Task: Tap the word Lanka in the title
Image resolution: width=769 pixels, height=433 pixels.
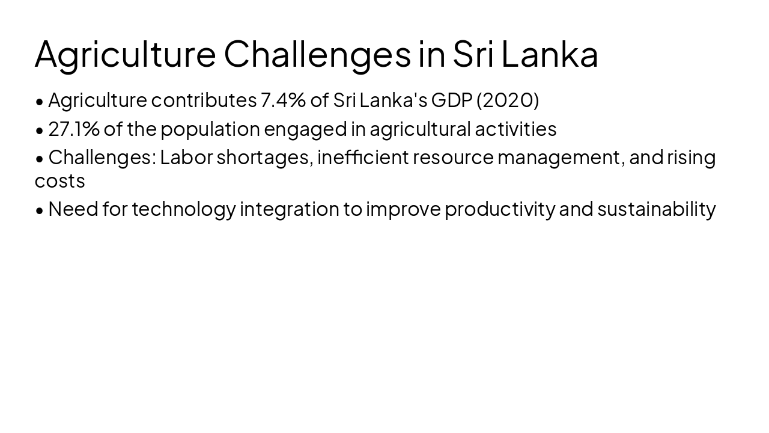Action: pos(549,54)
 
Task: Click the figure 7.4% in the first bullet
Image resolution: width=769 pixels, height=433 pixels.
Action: pos(283,100)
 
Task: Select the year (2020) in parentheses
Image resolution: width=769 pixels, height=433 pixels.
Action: pos(508,100)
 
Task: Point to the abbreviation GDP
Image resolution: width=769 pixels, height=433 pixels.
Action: pos(452,100)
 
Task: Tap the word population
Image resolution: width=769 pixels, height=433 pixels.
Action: pos(210,129)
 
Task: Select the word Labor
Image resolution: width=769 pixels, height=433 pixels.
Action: pos(186,158)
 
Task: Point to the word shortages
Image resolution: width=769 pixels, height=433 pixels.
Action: pos(264,158)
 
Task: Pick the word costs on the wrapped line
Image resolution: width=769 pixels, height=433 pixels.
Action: pos(59,181)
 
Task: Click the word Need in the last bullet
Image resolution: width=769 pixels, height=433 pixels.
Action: pos(73,209)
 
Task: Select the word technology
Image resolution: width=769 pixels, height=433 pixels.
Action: pos(183,209)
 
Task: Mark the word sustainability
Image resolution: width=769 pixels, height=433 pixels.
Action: pos(656,209)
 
